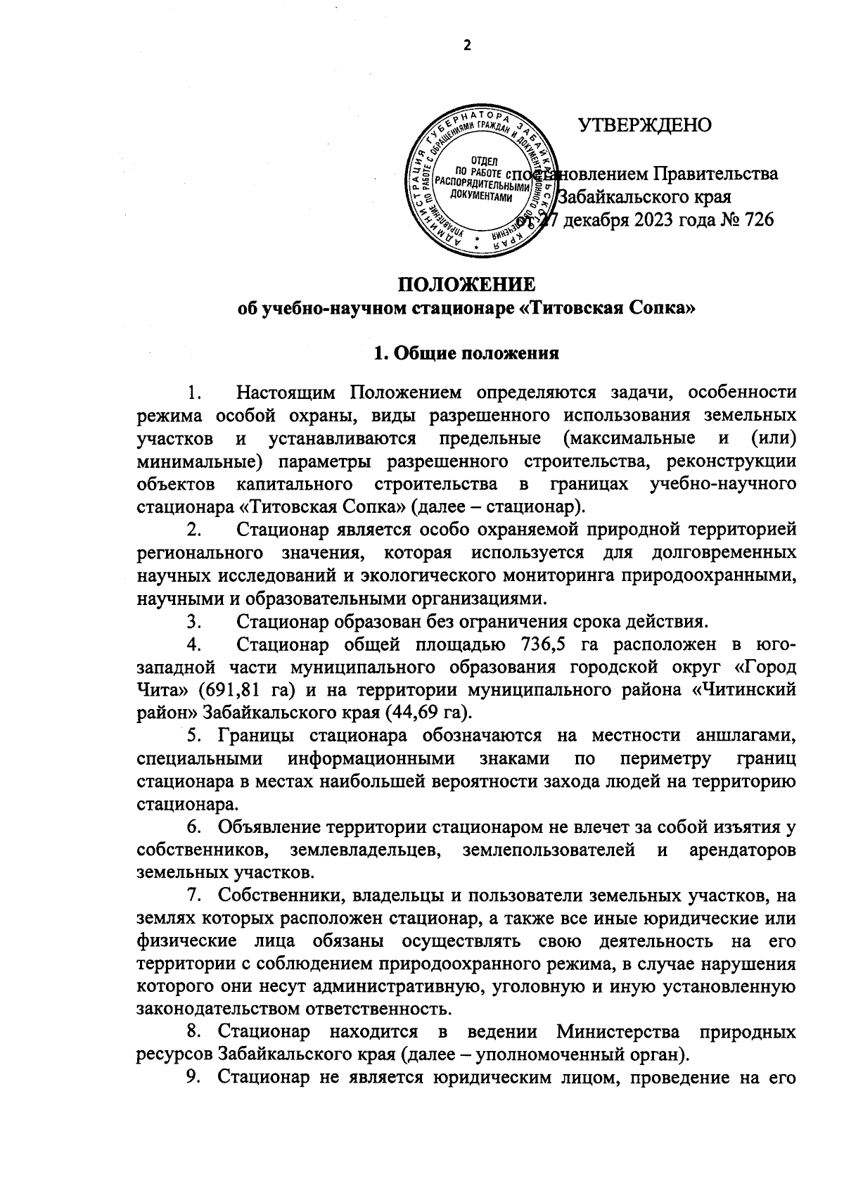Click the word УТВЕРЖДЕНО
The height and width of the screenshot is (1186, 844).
644,125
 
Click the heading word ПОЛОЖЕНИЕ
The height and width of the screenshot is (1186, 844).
467,284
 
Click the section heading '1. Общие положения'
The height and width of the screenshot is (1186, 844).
467,353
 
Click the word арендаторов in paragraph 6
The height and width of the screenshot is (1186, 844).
743,850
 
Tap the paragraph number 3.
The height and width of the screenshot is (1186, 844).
193,621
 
